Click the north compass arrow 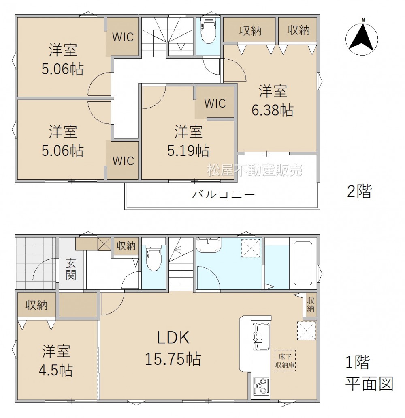pyautogui.click(x=362, y=37)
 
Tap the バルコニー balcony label pyautogui.click(x=223, y=194)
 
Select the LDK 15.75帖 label pyautogui.click(x=173, y=348)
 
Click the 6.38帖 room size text pyautogui.click(x=273, y=110)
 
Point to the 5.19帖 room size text pyautogui.click(x=188, y=151)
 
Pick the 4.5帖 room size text pyautogui.click(x=56, y=370)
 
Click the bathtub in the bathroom pyautogui.click(x=303, y=263)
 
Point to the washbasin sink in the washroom pyautogui.click(x=209, y=245)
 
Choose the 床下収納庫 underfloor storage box pyautogui.click(x=285, y=361)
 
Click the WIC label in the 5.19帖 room pyautogui.click(x=215, y=103)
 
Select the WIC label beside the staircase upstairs pyautogui.click(x=123, y=37)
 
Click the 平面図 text pyautogui.click(x=369, y=384)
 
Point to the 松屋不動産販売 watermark pyautogui.click(x=255, y=170)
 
